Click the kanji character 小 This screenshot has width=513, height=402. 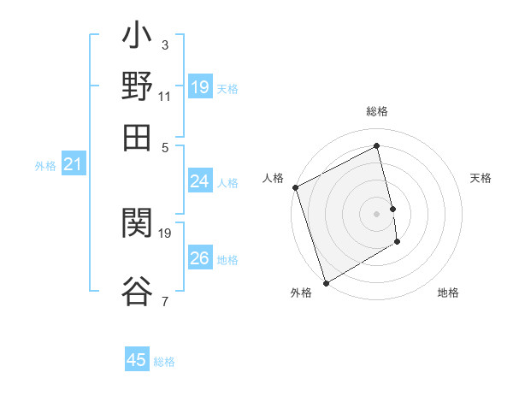click(x=137, y=38)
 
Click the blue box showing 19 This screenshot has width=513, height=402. click(x=199, y=87)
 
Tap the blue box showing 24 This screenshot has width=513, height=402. click(x=199, y=181)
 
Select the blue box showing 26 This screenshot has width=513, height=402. click(x=199, y=258)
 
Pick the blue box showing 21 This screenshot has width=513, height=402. click(x=73, y=165)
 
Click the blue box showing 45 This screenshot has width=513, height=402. click(x=137, y=360)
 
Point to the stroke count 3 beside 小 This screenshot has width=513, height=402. click(x=164, y=45)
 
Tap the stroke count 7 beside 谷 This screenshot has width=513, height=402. click(x=164, y=301)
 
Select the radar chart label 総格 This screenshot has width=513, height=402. click(x=377, y=111)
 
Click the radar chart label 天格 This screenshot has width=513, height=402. click(x=481, y=178)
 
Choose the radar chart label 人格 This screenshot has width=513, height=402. click(x=273, y=178)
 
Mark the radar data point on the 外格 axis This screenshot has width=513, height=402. click(x=326, y=283)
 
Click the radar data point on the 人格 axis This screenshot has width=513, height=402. click(x=295, y=187)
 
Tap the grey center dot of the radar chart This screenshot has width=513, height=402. click(x=377, y=214)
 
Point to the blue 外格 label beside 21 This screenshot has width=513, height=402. click(x=44, y=166)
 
